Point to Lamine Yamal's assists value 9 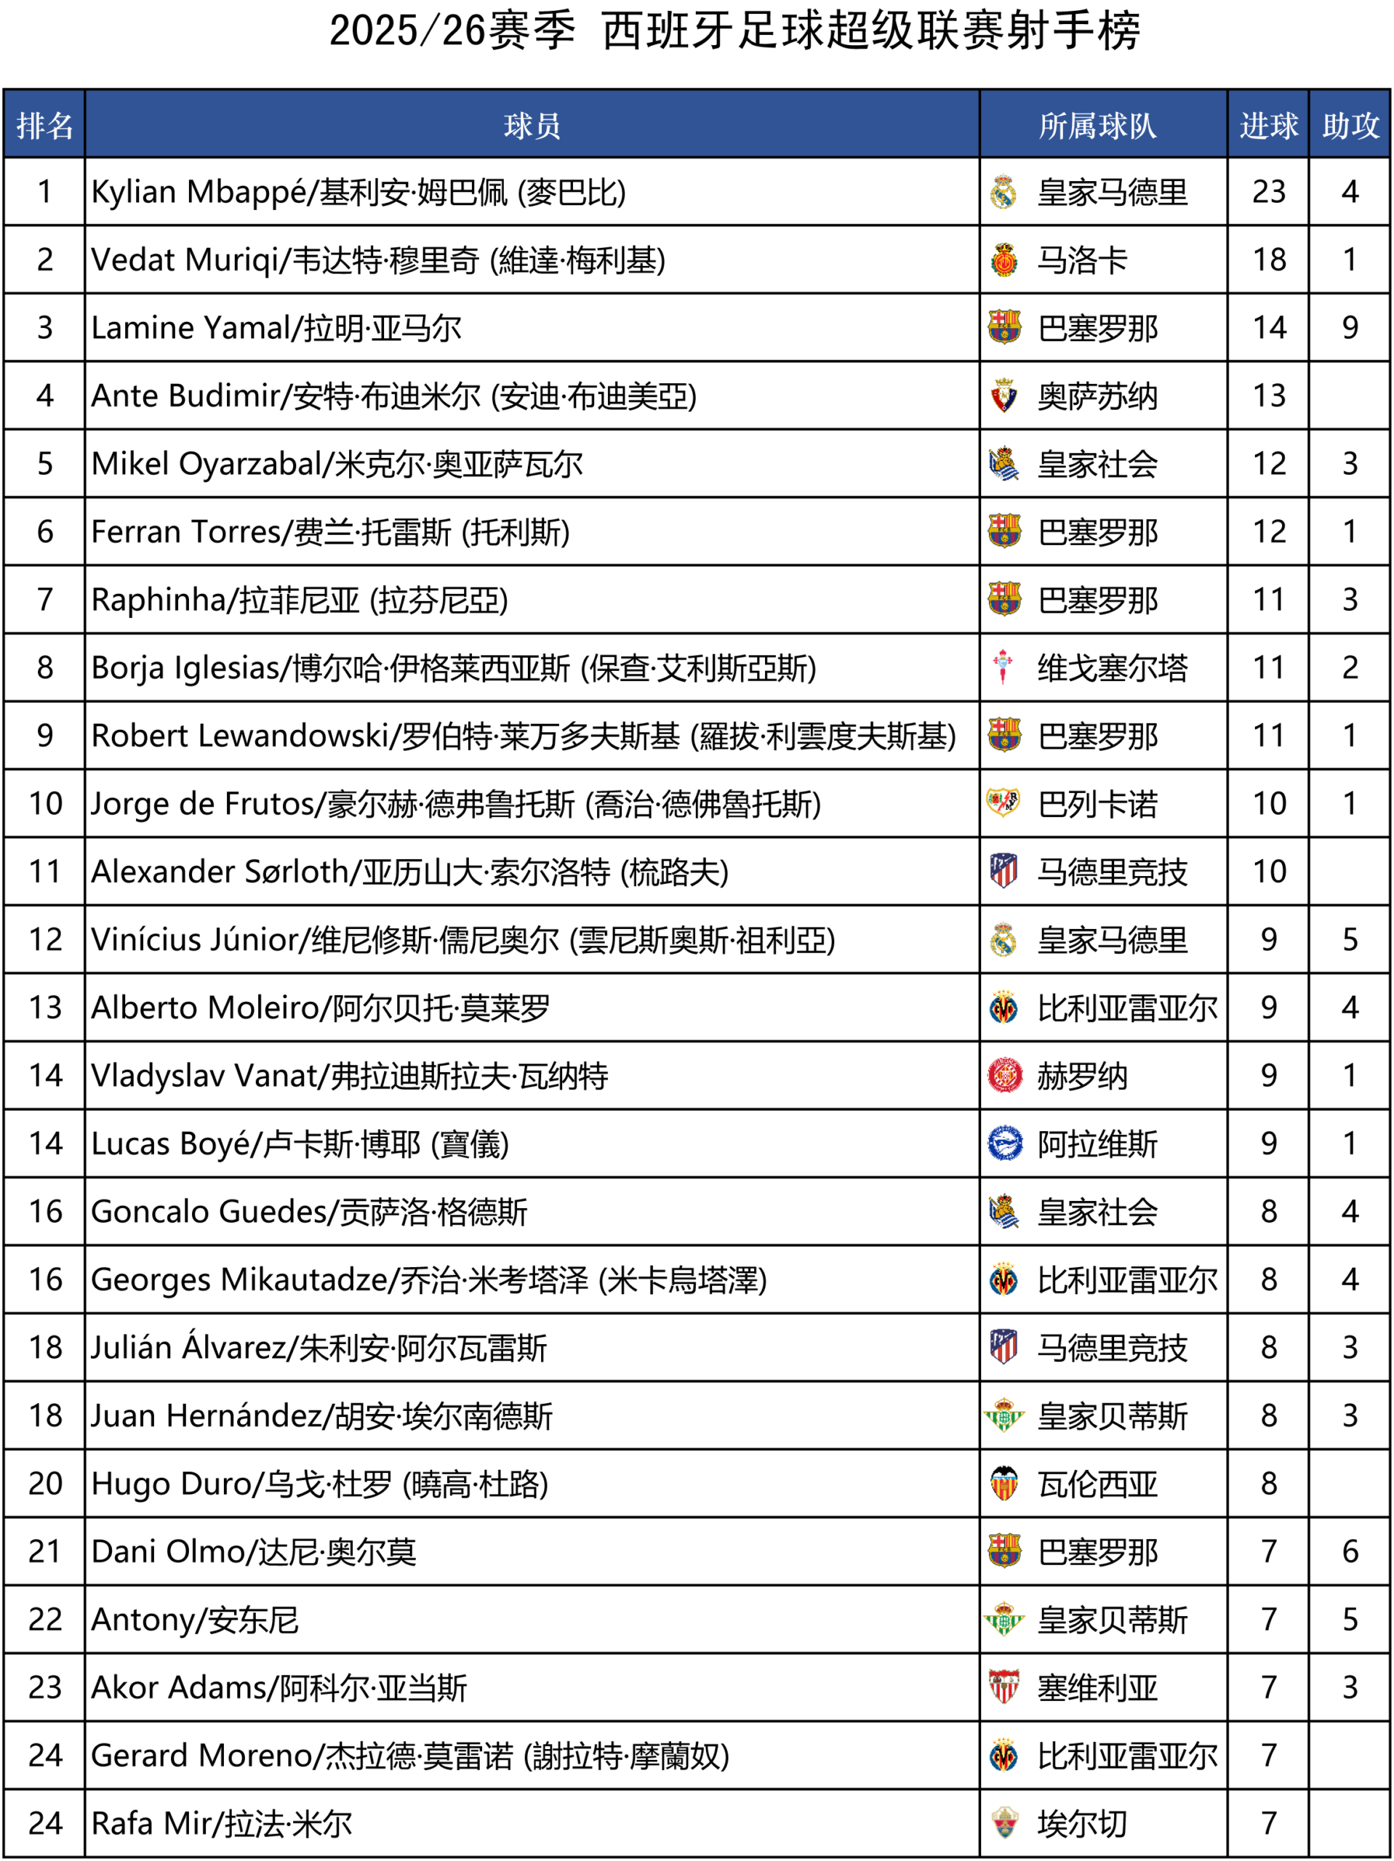coord(1350,328)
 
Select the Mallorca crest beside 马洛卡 coord(1004,261)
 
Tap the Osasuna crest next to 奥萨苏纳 coord(1004,396)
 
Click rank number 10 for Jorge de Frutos coord(46,804)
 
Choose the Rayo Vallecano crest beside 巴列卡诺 coord(1004,803)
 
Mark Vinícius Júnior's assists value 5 coord(1350,940)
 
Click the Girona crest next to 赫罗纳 coord(1004,1075)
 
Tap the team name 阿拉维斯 coord(1097,1144)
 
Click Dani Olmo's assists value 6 coord(1350,1551)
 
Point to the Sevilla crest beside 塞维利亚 coord(1004,1687)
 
